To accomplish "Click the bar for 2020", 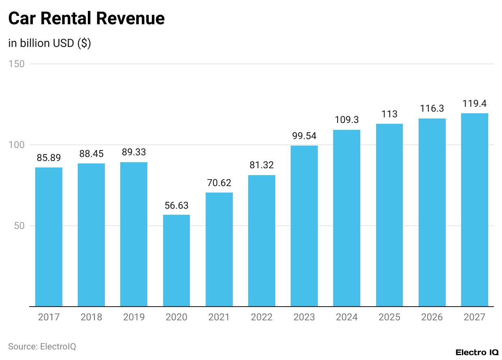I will tap(177, 260).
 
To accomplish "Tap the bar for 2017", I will tap(49, 237).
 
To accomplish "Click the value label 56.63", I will tap(177, 205).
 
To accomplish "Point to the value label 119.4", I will tap(474, 104).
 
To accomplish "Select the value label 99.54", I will tap(304, 136).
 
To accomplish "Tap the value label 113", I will tap(389, 114).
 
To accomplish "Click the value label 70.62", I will tap(219, 183).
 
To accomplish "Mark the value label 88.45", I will tap(91, 154).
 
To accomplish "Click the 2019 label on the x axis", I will tap(134, 317).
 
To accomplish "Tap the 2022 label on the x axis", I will tap(262, 317).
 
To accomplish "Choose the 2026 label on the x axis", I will tap(432, 317).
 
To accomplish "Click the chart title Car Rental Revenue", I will tap(86, 19).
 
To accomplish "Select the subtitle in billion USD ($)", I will tap(49, 43).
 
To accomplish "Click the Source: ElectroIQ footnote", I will tap(42, 347).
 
